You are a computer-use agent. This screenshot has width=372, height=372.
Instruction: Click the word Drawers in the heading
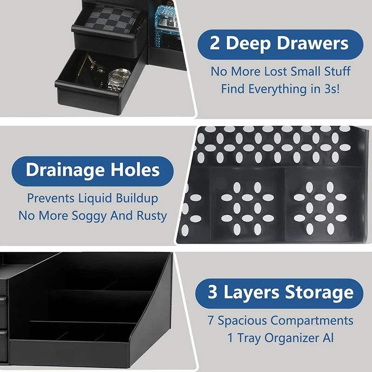click(x=313, y=44)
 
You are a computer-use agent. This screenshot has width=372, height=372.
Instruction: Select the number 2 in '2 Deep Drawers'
click(x=214, y=44)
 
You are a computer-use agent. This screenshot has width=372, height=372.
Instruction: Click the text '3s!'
click(x=330, y=88)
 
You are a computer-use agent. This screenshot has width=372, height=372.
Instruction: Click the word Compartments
click(x=312, y=321)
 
